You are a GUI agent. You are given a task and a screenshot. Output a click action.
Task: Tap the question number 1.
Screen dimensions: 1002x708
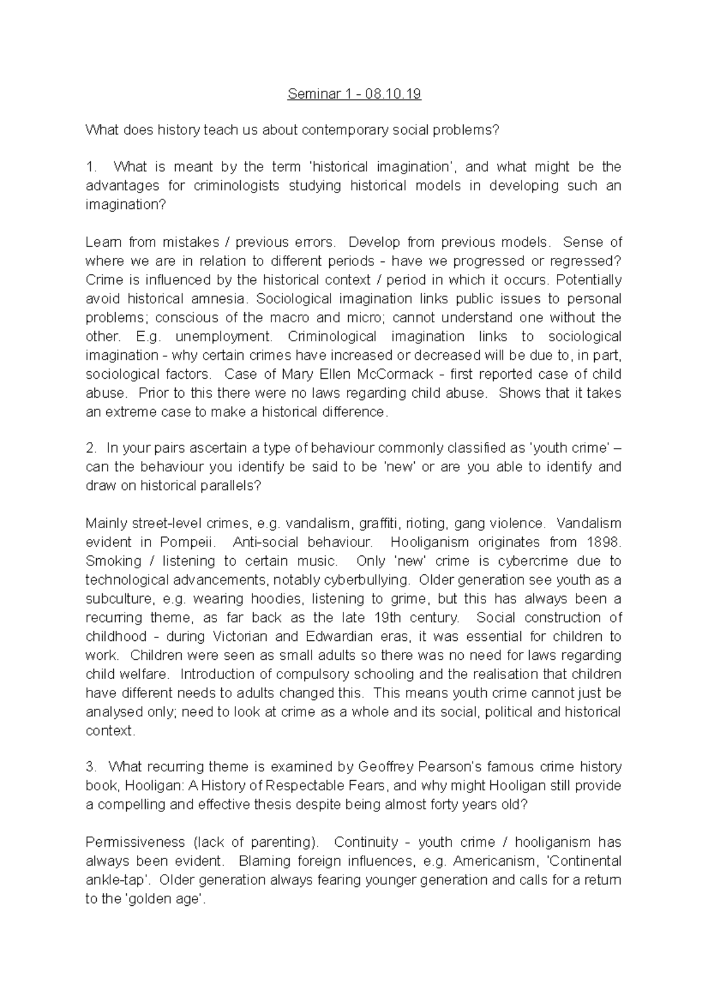coord(90,167)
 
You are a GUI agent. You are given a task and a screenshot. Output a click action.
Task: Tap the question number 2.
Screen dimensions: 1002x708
coord(90,448)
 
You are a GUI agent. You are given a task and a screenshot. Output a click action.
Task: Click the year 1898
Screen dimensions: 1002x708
coord(603,542)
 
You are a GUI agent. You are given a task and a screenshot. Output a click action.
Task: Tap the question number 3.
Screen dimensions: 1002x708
coord(90,767)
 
